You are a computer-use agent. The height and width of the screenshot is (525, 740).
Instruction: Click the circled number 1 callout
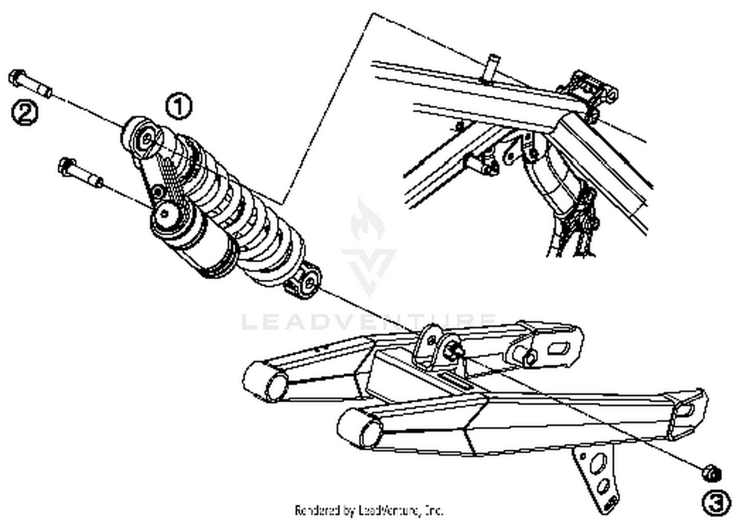[179, 106]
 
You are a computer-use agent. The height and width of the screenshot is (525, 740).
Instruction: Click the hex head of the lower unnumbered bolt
[67, 166]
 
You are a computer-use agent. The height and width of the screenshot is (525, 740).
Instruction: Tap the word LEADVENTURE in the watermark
[369, 322]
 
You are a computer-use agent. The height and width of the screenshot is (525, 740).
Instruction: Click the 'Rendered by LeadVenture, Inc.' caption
[369, 510]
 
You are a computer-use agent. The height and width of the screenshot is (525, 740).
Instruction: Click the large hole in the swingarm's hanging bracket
[598, 462]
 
